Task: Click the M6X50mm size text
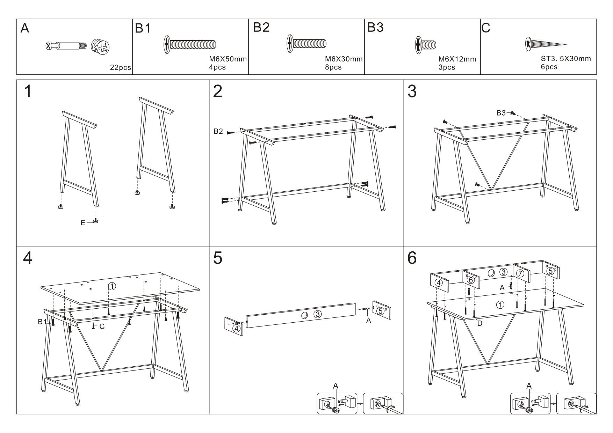coord(225,59)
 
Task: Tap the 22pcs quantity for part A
coord(120,67)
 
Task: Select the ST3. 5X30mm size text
coord(565,59)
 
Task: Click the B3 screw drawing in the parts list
coord(426,45)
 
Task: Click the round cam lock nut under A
coord(100,46)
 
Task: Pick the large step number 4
coord(28,258)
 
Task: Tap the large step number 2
coord(217,91)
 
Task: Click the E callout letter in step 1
coord(83,223)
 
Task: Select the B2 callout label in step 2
coord(218,131)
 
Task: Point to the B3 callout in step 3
coord(501,113)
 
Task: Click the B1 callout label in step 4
coord(42,322)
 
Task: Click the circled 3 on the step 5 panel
coord(317,314)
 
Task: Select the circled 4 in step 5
coord(237,328)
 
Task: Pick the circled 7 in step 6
coord(520,273)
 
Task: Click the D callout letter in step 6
coord(479,323)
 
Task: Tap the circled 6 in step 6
coord(470,280)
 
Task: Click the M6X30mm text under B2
coord(344,59)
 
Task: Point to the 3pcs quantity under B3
coord(447,67)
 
